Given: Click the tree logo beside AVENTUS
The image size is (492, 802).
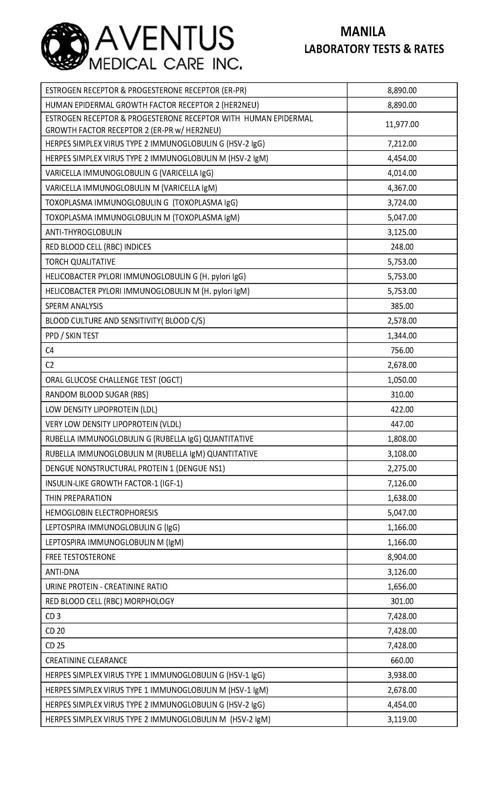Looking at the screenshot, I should point(65,46).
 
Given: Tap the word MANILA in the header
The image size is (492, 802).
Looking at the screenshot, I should point(363,32).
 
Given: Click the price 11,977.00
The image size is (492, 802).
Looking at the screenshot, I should point(402,124).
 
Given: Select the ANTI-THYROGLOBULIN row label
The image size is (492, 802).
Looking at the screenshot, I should point(83,232).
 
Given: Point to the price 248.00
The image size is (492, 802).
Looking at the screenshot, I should point(402,247).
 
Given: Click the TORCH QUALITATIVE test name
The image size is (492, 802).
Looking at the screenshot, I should point(80,262).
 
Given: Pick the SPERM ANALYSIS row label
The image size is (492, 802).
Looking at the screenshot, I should point(74,306).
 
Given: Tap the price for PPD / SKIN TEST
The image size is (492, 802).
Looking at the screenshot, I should point(402,335).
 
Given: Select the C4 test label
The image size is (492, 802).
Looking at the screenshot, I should point(50,350).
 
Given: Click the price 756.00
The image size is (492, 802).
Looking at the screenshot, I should point(402,350).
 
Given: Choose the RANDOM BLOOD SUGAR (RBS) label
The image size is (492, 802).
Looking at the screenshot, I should point(97,395).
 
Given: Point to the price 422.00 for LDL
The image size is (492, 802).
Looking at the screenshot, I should point(402,409).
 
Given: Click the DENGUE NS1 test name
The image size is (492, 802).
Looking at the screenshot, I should point(135,468).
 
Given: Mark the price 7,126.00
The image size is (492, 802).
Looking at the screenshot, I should point(402,483).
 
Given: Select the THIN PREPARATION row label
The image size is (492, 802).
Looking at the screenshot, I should point(78,498).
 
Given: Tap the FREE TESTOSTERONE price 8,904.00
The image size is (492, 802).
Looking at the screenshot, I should point(402,557).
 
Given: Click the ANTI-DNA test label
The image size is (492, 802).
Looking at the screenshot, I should point(62,572).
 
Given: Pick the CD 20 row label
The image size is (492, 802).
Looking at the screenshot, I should point(55,631).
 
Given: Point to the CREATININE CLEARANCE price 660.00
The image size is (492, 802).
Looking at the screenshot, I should point(402,660).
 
